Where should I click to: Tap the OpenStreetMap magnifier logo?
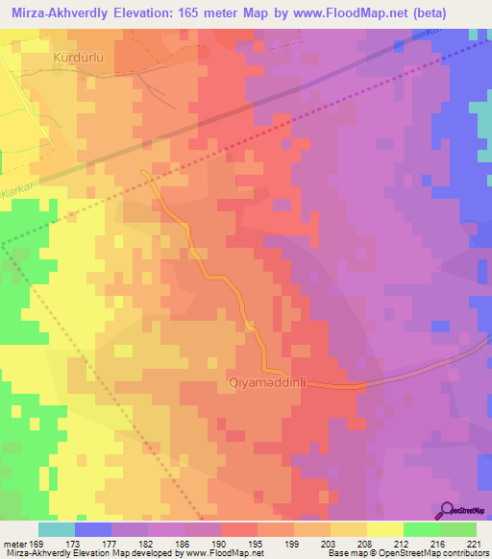click(447, 509)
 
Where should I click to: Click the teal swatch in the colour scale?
click(56, 529)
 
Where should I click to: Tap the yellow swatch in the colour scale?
click(384, 529)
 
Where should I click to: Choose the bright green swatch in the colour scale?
click(421, 529)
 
